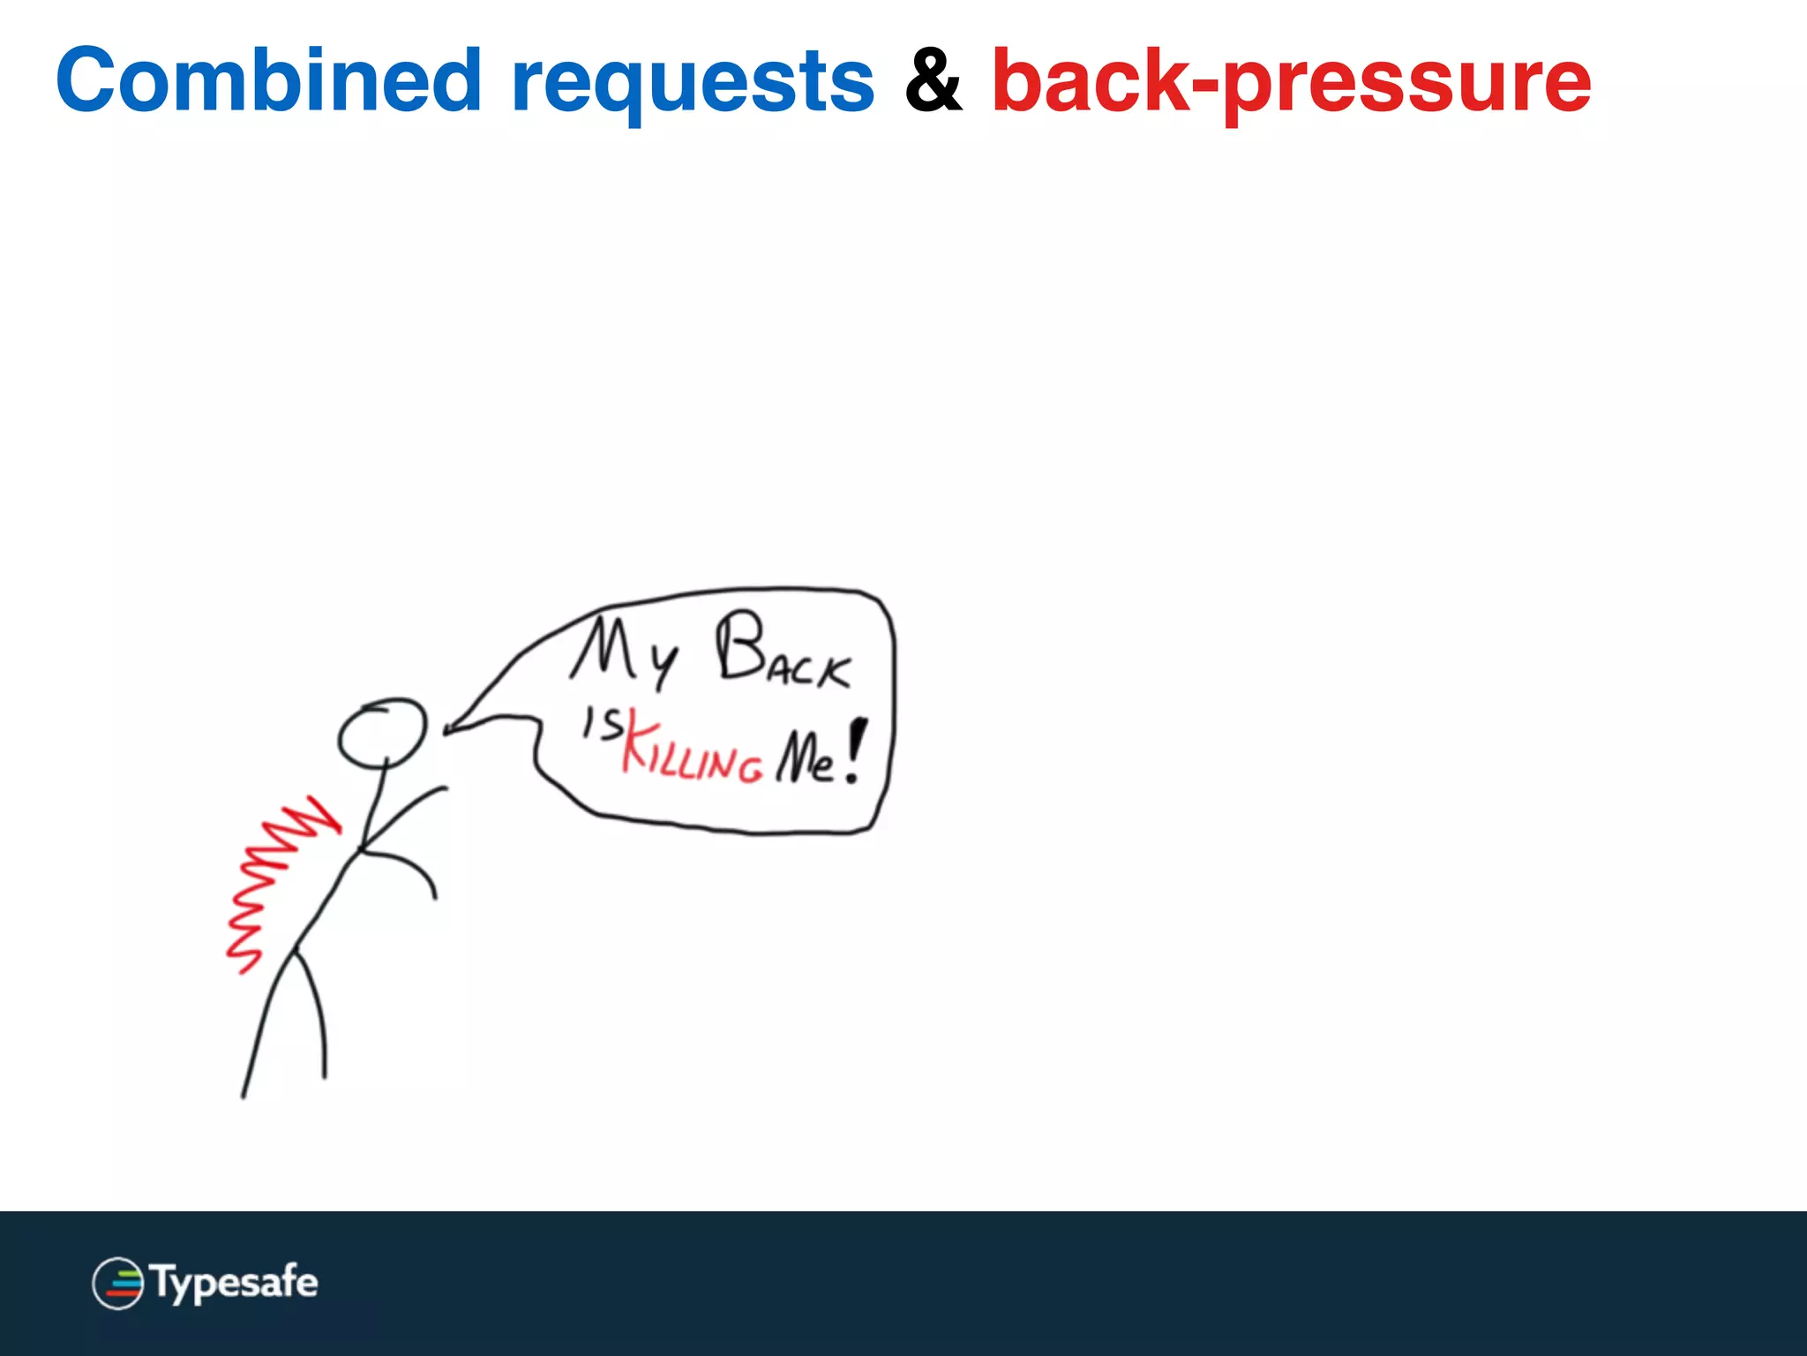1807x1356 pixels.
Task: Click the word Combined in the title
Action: (x=269, y=81)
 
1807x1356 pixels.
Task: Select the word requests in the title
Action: (x=693, y=84)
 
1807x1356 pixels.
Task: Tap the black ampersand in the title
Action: (x=933, y=81)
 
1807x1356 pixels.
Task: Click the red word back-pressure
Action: (x=1292, y=84)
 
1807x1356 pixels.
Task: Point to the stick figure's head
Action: (x=382, y=733)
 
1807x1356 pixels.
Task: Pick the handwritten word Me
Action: (x=805, y=757)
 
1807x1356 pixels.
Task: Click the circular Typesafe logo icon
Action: (x=117, y=1283)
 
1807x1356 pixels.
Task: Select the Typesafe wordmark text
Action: (x=235, y=1283)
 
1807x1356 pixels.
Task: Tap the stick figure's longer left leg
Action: (x=265, y=1024)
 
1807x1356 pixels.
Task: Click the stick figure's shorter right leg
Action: (x=318, y=1015)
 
